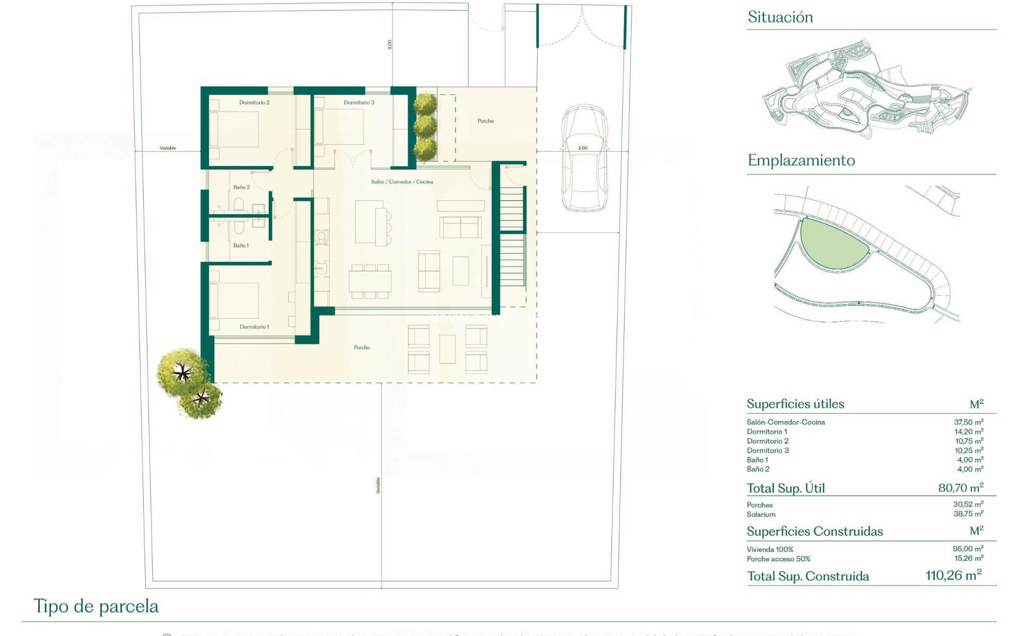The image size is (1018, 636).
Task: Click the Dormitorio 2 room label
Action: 254,102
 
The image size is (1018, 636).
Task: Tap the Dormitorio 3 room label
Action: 359,102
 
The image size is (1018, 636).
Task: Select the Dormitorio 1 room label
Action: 254,326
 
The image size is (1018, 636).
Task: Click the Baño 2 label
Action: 241,187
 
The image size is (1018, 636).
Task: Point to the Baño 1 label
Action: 241,245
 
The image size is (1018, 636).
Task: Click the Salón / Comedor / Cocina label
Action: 402,182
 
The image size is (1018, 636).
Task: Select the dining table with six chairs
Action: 370,281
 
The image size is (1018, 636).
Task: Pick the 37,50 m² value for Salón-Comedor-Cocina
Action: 968,422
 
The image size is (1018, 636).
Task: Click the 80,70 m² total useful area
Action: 960,488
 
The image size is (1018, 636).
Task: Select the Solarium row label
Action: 761,515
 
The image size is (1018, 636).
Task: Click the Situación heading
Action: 780,17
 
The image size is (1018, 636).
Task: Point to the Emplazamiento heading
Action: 801,160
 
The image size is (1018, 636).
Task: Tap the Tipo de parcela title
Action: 96,606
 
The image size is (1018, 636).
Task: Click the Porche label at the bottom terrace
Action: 362,347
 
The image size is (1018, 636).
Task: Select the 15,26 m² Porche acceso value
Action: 968,559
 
